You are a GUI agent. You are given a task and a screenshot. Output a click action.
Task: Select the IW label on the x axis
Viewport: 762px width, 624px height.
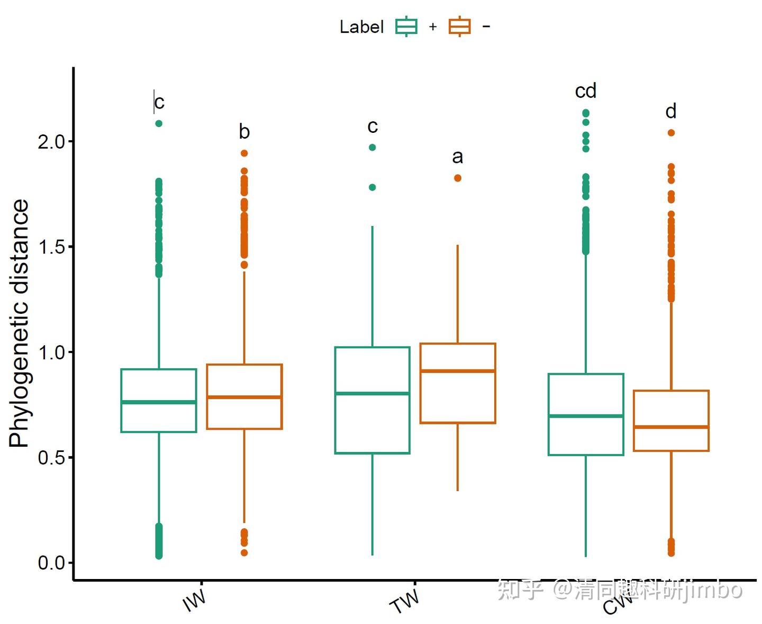point(194,600)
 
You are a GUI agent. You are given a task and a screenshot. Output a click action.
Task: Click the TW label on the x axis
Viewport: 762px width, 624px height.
point(405,601)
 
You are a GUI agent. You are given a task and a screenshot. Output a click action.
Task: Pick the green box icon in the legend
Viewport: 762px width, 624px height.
point(406,26)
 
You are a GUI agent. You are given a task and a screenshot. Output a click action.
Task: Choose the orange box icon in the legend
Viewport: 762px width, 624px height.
point(459,26)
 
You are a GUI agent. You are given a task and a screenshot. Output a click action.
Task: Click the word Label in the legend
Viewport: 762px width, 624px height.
point(361,27)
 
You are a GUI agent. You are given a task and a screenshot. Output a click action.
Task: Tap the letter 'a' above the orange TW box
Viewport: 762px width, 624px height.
point(458,157)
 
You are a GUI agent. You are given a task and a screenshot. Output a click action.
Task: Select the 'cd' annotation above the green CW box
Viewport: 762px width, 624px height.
point(586,91)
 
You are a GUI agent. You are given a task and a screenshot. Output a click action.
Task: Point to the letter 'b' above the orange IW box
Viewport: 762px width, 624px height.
point(244,132)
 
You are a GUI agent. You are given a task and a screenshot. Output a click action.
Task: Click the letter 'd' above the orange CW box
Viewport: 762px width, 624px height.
point(671,112)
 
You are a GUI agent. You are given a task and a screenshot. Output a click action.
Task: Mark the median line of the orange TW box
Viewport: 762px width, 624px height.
point(458,371)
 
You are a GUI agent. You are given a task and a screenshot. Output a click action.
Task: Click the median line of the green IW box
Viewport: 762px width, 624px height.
point(159,402)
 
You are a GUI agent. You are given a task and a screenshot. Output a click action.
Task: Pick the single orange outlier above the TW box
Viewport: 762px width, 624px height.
point(458,178)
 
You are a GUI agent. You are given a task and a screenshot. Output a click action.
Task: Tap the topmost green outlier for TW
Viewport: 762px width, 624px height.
point(373,148)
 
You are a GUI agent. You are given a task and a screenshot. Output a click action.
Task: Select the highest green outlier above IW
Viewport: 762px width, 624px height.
point(159,124)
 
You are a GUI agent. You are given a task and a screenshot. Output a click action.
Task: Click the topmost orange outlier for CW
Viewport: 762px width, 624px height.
point(671,133)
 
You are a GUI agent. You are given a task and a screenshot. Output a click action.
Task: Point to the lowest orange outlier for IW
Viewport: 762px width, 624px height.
point(244,553)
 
